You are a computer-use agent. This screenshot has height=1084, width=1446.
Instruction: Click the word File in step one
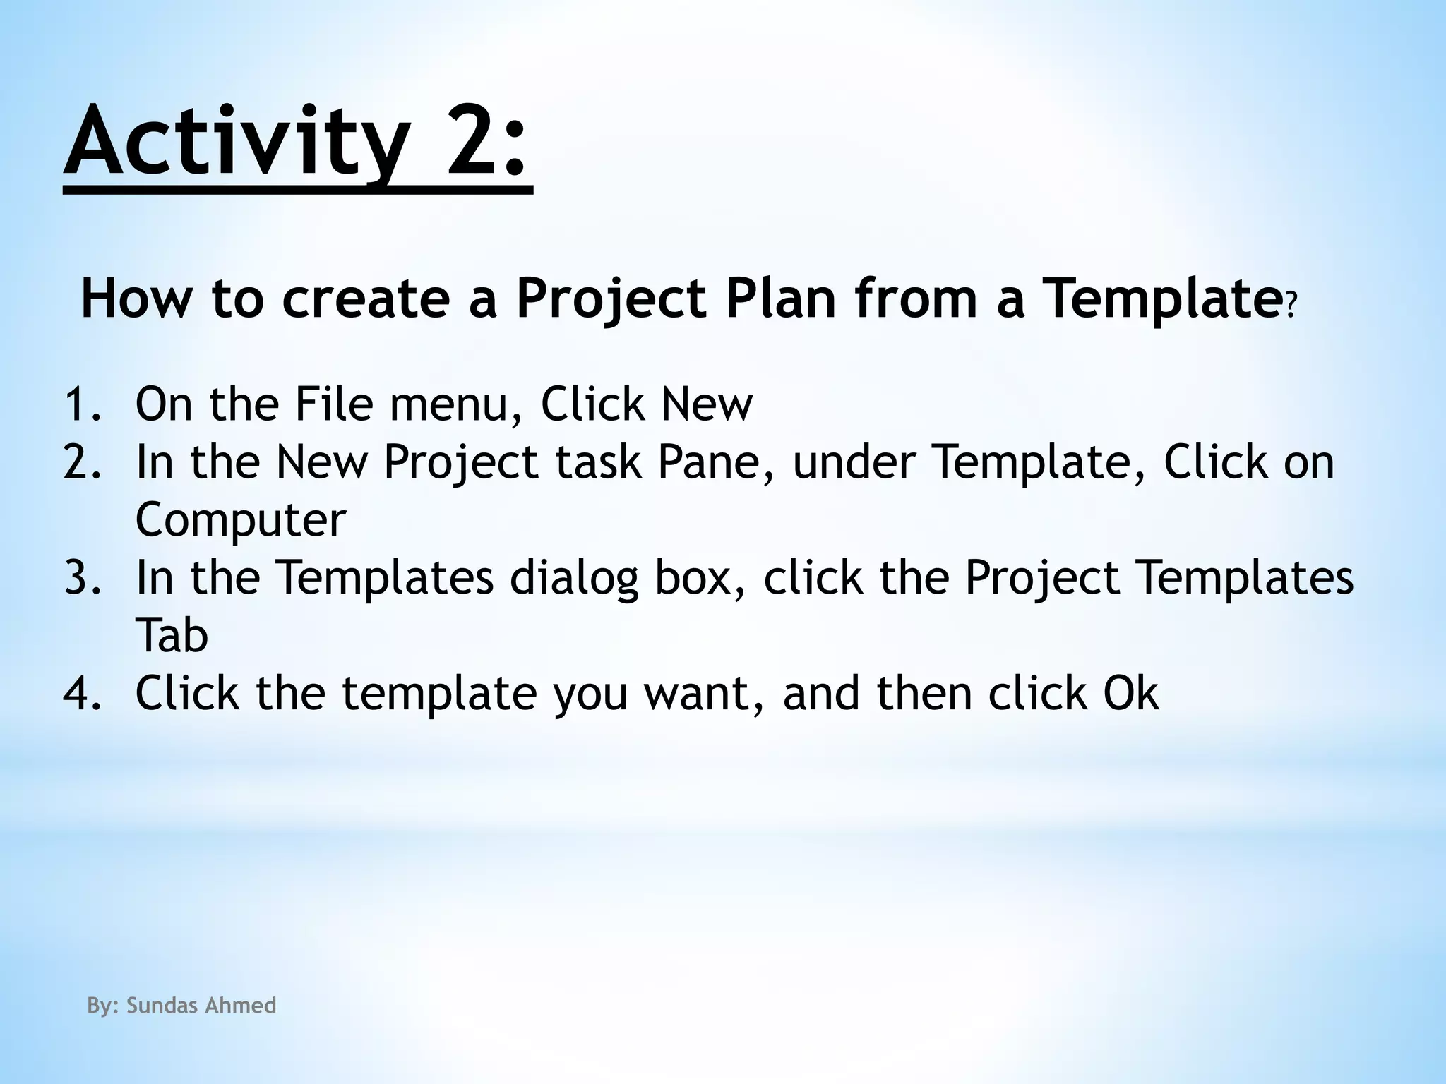tap(333, 404)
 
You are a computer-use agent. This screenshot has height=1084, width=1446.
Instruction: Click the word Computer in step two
tap(241, 521)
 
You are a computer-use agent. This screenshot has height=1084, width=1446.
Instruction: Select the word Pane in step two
tap(714, 462)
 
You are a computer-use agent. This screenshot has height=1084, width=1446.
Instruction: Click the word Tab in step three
tap(172, 635)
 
